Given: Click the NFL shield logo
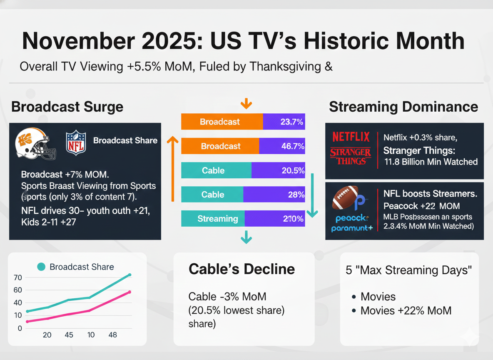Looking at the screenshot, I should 76,142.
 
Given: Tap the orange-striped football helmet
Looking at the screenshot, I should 35,143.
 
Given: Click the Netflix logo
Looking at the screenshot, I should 351,136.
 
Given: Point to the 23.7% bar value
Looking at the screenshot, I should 292,122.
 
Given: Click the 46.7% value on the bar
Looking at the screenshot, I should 292,146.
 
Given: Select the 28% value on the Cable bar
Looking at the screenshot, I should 295,195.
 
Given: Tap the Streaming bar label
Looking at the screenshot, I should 217,219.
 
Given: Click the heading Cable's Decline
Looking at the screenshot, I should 242,269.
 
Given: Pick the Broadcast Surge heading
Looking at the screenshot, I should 67,107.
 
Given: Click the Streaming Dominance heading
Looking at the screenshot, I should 403,107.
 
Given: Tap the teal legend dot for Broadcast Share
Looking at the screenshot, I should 41,267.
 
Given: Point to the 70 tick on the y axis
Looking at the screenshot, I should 17,277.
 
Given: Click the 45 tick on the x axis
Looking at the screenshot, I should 69,335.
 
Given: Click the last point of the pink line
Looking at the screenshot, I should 129,292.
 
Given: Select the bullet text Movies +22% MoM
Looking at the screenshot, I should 406,310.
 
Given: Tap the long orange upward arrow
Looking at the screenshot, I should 170,169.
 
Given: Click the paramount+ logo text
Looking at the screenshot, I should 352,228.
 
